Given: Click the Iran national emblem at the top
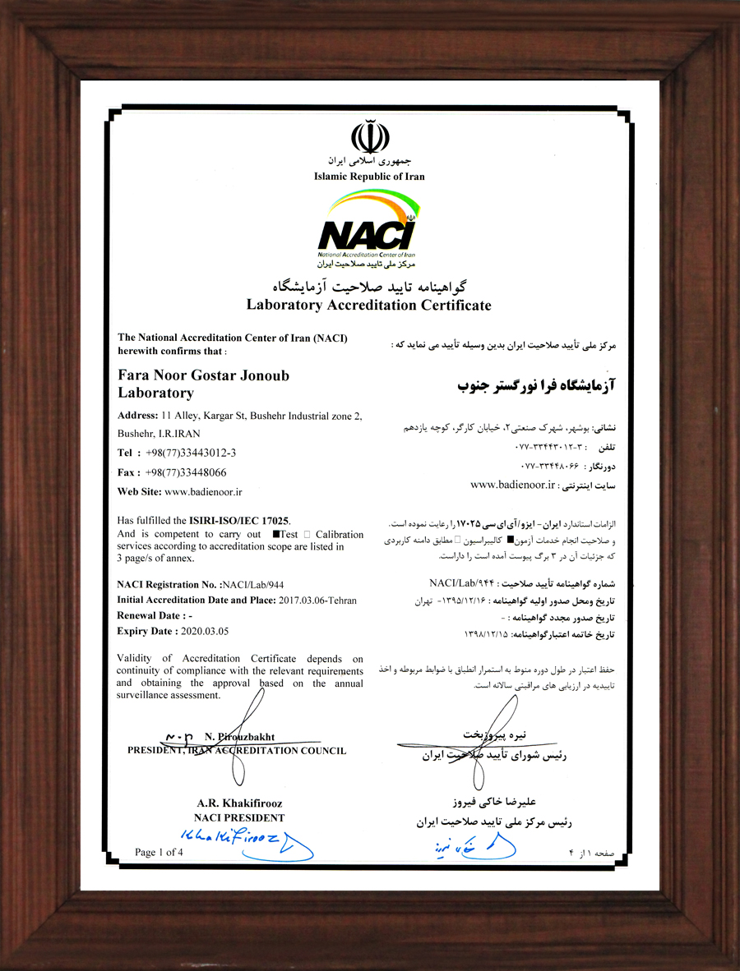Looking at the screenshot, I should (368, 136).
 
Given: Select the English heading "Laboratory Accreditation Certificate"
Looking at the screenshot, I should (368, 306).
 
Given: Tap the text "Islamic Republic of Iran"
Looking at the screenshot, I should (369, 177).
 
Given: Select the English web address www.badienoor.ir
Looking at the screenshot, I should (203, 491).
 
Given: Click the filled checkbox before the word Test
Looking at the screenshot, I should (275, 535).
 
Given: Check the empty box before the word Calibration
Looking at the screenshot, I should (308, 535).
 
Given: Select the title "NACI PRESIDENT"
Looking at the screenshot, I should (239, 818).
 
